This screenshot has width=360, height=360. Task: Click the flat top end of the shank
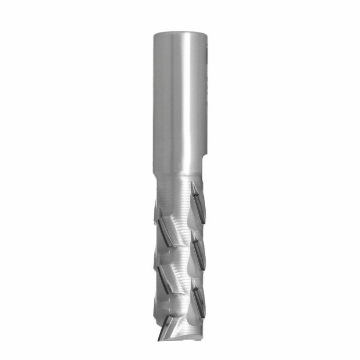[179, 33]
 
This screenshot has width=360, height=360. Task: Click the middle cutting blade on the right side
[198, 246]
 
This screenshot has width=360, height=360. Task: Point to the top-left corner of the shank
[154, 34]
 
